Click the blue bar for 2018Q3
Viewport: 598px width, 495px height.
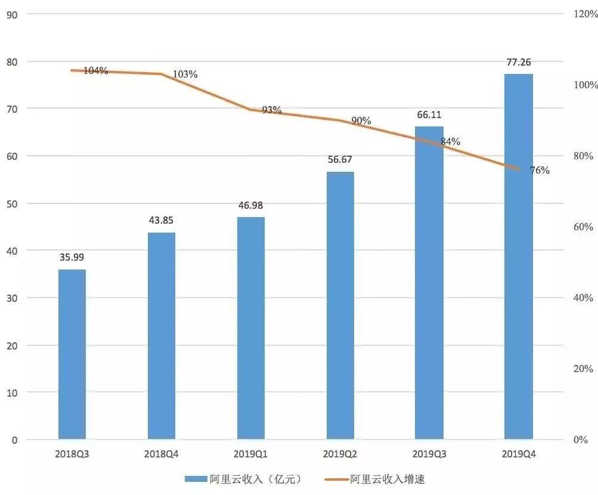tap(72, 354)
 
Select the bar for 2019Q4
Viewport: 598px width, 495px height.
tap(518, 256)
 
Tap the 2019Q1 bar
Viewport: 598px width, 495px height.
tap(250, 328)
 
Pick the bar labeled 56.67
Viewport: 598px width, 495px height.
tap(340, 305)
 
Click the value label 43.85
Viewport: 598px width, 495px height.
tap(161, 220)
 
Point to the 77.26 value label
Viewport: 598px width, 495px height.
tap(518, 62)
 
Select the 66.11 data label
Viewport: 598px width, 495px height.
tap(429, 115)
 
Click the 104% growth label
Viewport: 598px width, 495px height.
tap(95, 71)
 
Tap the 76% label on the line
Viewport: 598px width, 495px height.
tap(539, 171)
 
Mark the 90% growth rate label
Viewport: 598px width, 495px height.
tap(361, 121)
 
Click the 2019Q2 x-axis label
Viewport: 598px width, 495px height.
tap(340, 454)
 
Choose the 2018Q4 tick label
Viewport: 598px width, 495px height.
tap(161, 454)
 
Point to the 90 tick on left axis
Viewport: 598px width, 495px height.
tap(12, 14)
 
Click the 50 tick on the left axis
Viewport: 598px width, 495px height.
tap(12, 203)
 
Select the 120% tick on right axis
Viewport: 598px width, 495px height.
tap(585, 14)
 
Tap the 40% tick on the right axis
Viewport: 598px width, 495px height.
tap(584, 298)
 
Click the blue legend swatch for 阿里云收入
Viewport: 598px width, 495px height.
tap(195, 479)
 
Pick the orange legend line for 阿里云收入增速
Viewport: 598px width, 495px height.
tap(336, 479)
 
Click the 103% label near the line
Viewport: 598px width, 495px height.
tap(185, 75)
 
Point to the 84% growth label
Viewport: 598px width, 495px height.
tap(450, 142)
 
